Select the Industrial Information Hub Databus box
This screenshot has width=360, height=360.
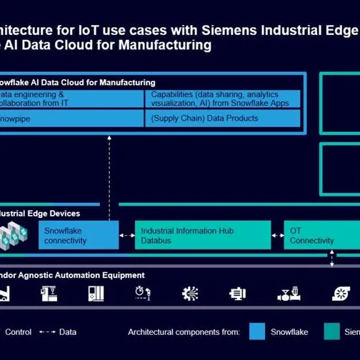point(203,236)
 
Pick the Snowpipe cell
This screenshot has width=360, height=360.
point(71,118)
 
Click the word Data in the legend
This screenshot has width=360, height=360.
point(68,331)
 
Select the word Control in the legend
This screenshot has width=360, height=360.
point(18,331)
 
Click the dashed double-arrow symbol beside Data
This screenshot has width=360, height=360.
point(47,331)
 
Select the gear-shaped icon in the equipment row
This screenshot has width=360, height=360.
point(190,293)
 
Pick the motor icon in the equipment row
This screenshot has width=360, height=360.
point(237,293)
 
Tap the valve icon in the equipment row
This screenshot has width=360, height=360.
point(287,293)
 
